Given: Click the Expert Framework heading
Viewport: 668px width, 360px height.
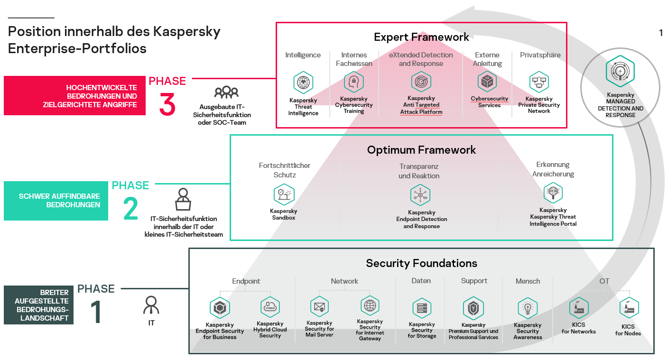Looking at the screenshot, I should coord(421,37).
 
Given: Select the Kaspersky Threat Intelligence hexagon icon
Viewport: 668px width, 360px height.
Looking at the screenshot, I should coord(303,83).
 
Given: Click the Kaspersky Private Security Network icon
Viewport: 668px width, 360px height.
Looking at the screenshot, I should coord(539,83).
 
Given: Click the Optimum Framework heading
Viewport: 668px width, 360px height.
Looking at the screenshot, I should coord(421,150).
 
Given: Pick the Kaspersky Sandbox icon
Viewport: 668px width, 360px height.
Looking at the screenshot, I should coord(284,194).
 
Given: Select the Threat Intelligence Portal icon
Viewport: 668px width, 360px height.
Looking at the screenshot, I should coord(553,193).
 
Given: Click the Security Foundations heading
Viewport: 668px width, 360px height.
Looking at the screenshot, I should coord(421,263).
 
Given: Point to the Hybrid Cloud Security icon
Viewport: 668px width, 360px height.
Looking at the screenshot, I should coord(270,307).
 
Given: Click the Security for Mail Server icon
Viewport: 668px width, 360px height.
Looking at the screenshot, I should coord(319,306).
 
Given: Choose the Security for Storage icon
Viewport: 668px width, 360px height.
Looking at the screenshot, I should coord(422,308).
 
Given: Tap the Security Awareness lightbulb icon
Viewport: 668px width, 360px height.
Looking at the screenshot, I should coord(527,308).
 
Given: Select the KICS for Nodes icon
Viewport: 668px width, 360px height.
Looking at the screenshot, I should coord(629,308).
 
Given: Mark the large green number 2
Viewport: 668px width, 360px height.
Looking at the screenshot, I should coord(130,209).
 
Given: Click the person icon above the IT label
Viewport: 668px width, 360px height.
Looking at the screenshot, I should coord(151,305).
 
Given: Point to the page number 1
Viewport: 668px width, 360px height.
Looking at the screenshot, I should coord(661,33).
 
